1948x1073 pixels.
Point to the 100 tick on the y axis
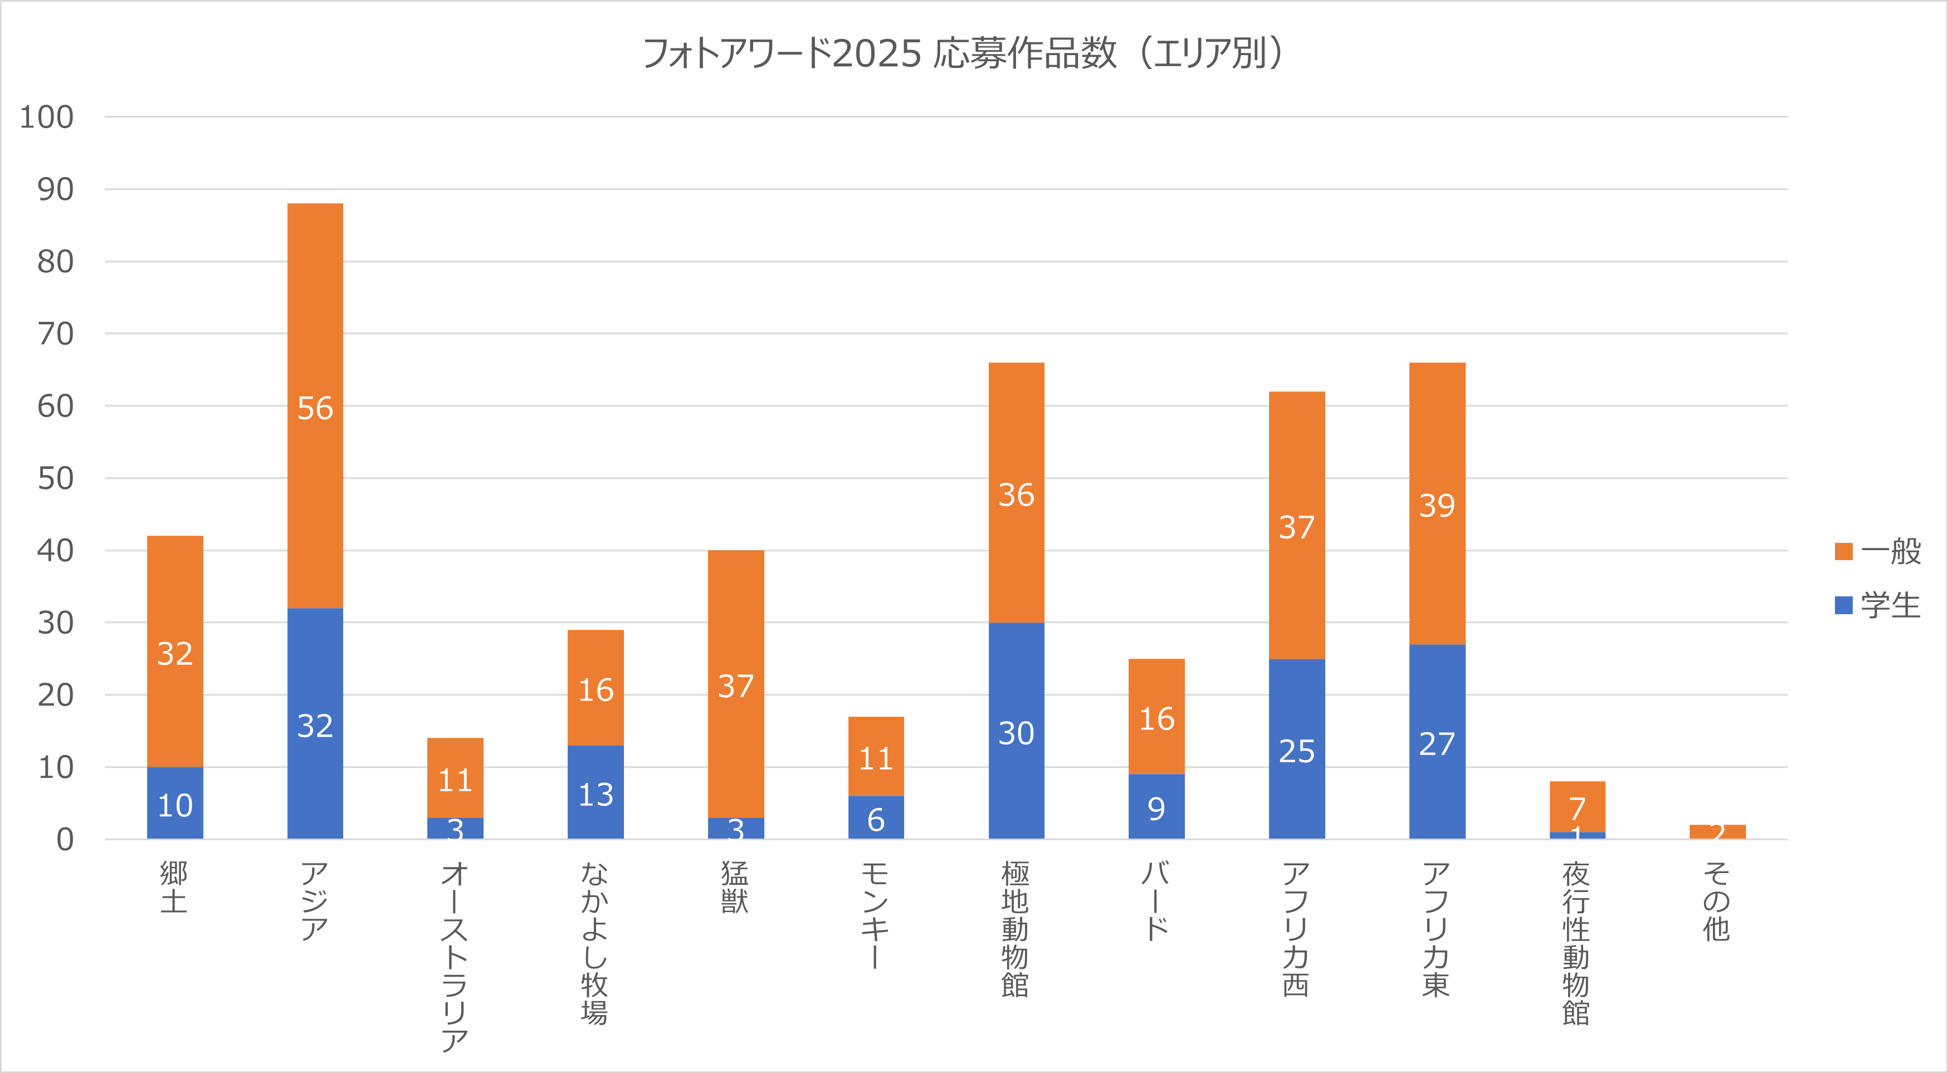tap(47, 117)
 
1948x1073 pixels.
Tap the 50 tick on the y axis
tap(55, 479)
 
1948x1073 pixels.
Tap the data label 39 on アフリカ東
tap(1437, 505)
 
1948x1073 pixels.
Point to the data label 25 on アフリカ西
tap(1296, 751)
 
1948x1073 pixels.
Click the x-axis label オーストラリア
tap(455, 957)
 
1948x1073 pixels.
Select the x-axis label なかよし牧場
tap(595, 942)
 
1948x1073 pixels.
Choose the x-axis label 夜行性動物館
tap(1576, 942)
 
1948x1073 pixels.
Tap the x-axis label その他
tap(1717, 900)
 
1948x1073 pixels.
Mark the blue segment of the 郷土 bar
tap(175, 803)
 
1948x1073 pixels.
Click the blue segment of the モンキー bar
tap(876, 817)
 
